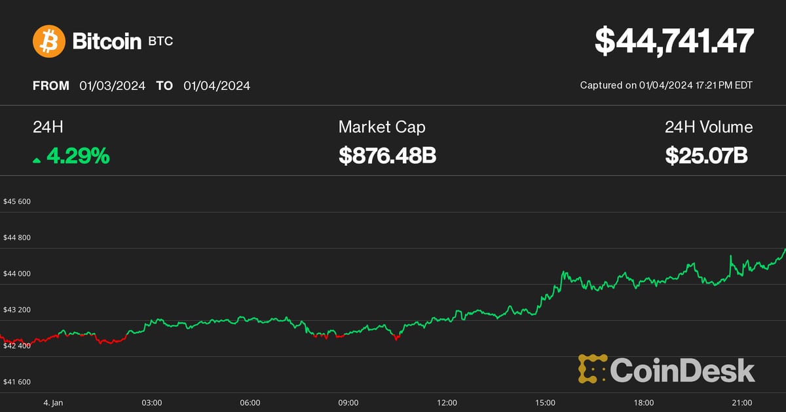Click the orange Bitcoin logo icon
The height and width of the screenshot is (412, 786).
(49, 41)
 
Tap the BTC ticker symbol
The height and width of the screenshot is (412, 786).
(160, 42)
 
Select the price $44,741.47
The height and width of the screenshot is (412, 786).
(674, 41)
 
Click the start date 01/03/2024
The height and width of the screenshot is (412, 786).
(113, 86)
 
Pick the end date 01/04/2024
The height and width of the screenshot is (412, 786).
(217, 86)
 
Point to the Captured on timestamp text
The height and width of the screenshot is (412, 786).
(666, 85)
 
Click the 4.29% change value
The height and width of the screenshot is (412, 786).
(78, 156)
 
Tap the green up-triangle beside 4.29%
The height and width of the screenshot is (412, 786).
(37, 159)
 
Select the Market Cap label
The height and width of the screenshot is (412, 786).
(382, 127)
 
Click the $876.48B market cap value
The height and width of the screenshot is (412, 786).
(387, 156)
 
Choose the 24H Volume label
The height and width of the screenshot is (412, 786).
(709, 127)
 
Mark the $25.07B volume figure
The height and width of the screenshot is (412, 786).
(707, 156)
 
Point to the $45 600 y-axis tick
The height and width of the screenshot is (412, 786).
(18, 201)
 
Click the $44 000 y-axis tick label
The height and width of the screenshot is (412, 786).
(18, 274)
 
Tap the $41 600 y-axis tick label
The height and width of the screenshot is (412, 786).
(18, 382)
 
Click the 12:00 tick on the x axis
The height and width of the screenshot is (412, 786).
(447, 402)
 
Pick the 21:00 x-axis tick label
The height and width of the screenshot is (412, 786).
(741, 402)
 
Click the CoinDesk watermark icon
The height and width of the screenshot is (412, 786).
(591, 369)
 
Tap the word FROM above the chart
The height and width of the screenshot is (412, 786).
(51, 86)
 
